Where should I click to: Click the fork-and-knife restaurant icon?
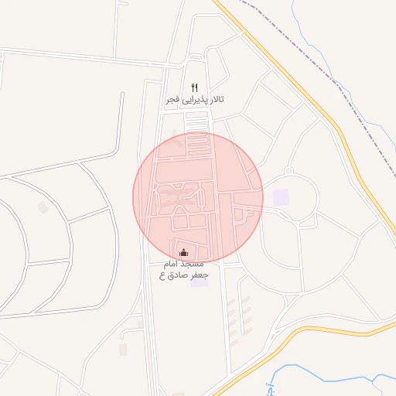(194, 88)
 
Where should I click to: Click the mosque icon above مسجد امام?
(183, 252)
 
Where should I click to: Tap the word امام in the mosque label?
(172, 264)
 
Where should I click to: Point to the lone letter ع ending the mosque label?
(163, 275)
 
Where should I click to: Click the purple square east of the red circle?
(280, 197)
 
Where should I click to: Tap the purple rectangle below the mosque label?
(200, 283)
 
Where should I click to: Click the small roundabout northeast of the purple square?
(288, 170)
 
